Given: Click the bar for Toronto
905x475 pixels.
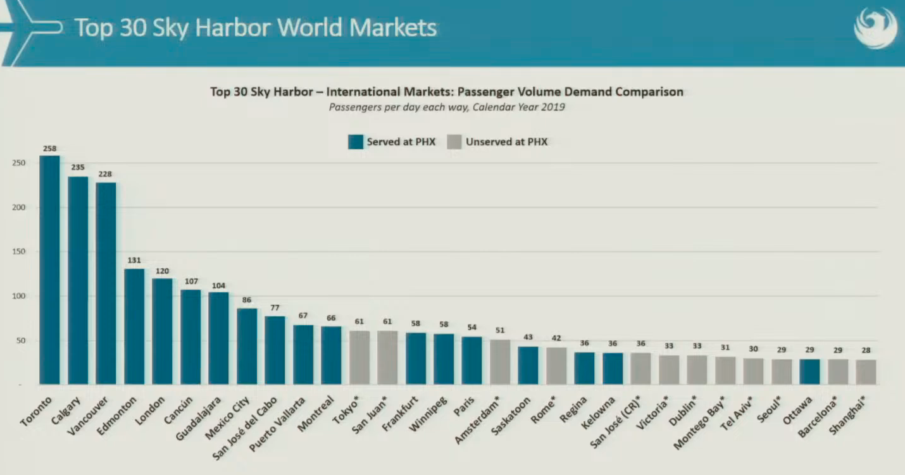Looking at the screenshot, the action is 50,270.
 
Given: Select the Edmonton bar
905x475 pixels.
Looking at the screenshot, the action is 134,326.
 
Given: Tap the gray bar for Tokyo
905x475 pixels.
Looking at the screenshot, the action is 359,357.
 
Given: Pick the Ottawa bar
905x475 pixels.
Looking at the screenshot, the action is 809,372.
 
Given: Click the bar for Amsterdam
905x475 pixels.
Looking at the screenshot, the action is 500,362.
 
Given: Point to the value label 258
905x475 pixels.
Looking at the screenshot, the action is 50,149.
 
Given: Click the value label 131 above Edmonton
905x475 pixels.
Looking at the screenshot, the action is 134,261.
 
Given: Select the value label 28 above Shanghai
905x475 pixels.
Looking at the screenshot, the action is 866,350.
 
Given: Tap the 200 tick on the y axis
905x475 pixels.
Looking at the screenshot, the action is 18,207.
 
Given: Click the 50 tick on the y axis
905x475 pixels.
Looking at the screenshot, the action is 21,340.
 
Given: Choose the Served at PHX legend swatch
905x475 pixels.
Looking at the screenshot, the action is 356,142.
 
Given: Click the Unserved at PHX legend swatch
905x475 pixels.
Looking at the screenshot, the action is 454,142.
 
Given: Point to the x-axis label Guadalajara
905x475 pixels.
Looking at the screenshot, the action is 198,419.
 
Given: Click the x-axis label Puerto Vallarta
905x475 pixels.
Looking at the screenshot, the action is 277,424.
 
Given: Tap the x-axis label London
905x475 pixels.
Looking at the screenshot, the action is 150,410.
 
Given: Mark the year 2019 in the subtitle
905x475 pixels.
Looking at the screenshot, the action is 553,107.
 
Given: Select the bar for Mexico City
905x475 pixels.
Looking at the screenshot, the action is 247,346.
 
